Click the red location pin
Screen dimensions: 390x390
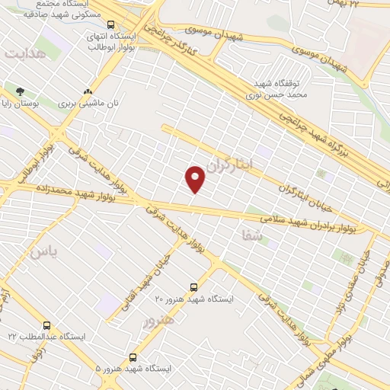point(196,178)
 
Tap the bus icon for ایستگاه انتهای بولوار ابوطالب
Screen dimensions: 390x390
point(111,24)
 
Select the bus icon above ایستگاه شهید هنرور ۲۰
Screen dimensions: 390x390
point(193,287)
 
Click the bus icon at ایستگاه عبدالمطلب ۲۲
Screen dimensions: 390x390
point(47,325)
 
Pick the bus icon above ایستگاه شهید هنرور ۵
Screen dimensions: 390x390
point(133,356)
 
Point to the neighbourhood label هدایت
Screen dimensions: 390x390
point(24,55)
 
